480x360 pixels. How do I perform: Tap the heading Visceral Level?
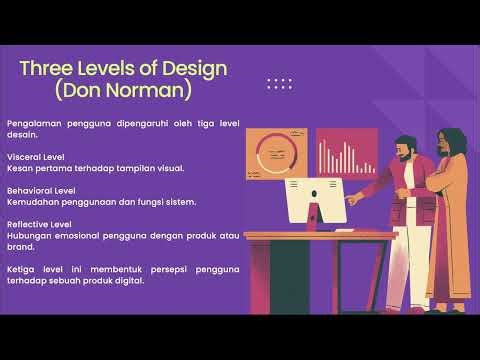35,157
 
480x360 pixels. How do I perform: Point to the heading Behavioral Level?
40,191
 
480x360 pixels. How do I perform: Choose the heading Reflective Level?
39,225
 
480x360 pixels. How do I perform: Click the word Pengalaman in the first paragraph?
31,123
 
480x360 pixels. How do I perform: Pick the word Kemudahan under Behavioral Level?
32,202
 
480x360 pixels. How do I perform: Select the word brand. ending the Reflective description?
20,247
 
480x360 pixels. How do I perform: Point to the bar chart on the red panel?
345,156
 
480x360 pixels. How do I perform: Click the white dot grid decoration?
279,84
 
